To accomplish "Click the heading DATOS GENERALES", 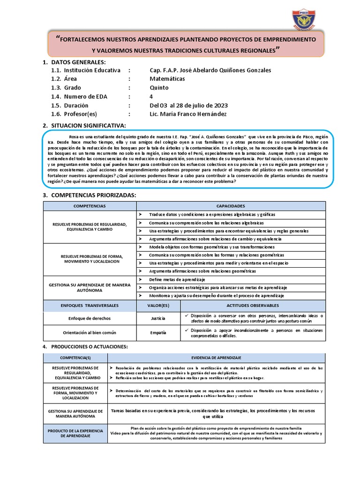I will point(78,62).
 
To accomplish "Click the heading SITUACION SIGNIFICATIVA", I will point(88,126).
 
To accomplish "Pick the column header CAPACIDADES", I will point(230,206).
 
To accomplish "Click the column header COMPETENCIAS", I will point(90,206).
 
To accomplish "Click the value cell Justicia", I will point(158,318).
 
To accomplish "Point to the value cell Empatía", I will point(158,333).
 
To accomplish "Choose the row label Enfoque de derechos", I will point(90,318).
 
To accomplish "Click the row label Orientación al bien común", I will point(90,333).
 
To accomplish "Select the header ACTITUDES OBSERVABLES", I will point(253,305).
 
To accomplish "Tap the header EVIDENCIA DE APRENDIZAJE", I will point(216,357).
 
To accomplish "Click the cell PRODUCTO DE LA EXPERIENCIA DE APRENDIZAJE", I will point(75,432).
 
